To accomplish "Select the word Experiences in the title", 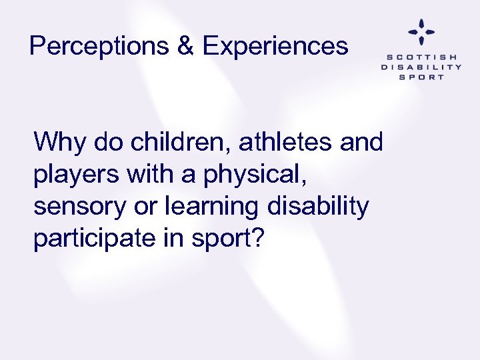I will tap(275, 47).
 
